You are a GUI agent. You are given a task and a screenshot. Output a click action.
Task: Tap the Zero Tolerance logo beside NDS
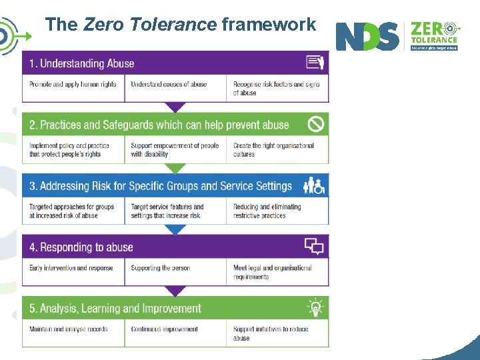(434, 35)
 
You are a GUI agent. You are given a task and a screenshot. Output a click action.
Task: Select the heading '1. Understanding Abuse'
(82, 64)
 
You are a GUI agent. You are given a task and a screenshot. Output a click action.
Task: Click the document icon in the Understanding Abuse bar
(315, 63)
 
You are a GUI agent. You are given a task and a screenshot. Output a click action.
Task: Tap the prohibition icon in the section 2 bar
(315, 124)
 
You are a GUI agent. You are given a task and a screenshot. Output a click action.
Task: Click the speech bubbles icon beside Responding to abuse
(314, 247)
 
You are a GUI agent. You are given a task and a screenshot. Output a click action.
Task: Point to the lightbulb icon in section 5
(315, 308)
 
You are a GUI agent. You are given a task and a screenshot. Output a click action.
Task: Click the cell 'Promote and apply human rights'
(73, 85)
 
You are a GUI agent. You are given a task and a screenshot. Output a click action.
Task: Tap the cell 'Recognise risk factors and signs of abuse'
(277, 89)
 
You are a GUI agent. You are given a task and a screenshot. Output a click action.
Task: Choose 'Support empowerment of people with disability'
(175, 150)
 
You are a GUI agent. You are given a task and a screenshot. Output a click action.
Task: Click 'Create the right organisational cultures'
(274, 150)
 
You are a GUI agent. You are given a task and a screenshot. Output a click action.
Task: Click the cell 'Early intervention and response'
(71, 268)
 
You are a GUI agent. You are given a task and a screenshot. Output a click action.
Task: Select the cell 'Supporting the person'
(161, 268)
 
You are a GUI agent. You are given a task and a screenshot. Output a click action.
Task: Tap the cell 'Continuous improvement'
(165, 329)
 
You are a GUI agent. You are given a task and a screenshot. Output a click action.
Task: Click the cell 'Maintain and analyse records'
(69, 329)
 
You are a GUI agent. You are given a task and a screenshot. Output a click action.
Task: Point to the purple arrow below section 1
(175, 107)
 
